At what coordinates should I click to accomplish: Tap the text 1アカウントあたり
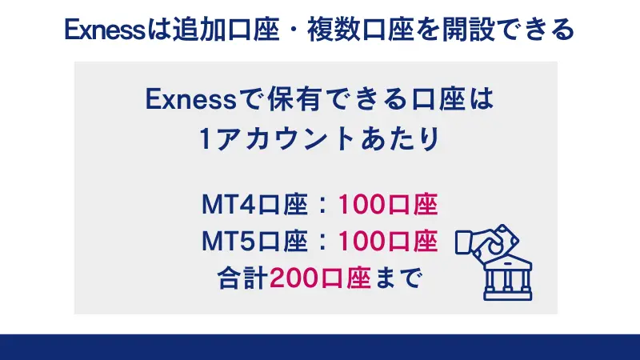click(319, 139)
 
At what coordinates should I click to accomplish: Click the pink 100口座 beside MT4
click(387, 205)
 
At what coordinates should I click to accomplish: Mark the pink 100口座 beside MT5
click(387, 240)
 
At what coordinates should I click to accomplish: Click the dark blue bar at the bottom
click(320, 347)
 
